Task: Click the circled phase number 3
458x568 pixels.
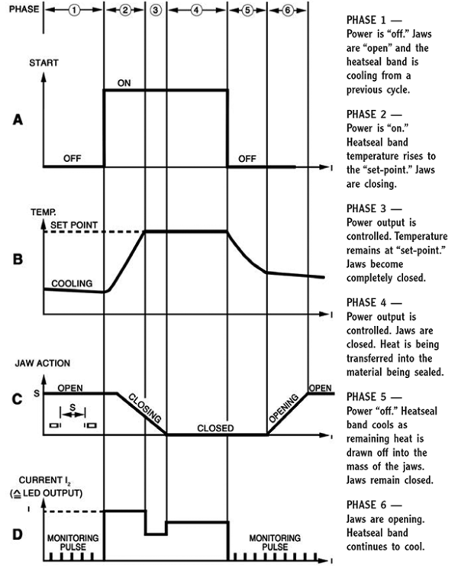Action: pos(155,11)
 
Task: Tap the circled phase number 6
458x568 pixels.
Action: pos(285,11)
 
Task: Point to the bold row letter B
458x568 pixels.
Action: pos(16,258)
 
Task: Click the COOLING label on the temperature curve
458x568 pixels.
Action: pos(72,283)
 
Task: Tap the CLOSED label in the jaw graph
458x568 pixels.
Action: pos(216,428)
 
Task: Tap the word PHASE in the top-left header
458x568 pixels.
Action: pos(21,11)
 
